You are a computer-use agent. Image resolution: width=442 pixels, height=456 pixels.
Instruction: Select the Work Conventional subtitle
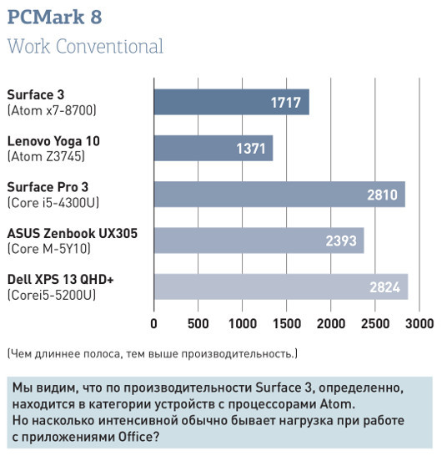(x=84, y=46)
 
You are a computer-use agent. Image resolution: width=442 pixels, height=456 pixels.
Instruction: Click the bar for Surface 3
(x=231, y=102)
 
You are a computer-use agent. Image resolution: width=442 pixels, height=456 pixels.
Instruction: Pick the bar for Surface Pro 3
(x=279, y=194)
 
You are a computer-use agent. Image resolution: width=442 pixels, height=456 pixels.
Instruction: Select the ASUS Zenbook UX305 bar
(x=259, y=241)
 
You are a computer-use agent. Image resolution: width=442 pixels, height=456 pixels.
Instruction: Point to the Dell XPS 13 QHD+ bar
(x=280, y=286)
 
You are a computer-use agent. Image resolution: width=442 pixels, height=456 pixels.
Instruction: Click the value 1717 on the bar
(x=286, y=103)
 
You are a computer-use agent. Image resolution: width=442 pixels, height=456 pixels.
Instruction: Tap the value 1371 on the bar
(x=250, y=149)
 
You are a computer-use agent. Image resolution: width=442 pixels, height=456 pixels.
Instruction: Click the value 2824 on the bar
(x=385, y=287)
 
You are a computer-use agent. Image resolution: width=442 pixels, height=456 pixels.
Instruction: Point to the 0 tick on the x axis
(x=154, y=323)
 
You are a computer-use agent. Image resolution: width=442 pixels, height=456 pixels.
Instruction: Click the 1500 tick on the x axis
(x=287, y=323)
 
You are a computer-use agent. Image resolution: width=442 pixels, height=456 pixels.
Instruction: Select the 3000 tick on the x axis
(x=419, y=323)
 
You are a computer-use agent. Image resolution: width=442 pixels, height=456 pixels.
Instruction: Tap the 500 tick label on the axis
(x=198, y=323)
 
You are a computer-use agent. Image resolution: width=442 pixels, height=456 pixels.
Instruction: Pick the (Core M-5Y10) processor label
(x=48, y=248)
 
